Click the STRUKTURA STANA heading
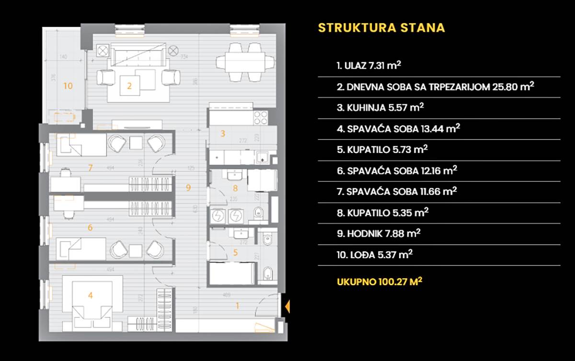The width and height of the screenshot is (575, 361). tap(381, 27)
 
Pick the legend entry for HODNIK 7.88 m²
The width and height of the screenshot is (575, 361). tap(379, 233)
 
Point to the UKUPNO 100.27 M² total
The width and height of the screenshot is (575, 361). tap(379, 281)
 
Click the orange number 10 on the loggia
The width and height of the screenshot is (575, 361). tap(68, 86)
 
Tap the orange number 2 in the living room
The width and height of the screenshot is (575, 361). tap(129, 87)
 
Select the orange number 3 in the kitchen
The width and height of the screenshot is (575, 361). tap(222, 134)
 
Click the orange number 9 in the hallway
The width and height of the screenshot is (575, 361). tap(188, 187)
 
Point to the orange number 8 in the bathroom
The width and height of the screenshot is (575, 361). tap(235, 188)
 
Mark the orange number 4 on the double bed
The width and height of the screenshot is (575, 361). tap(90, 295)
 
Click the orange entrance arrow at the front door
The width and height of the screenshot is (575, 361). tap(287, 306)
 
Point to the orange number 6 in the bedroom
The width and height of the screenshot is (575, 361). tap(90, 228)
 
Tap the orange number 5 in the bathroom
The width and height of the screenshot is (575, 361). tap(235, 252)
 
